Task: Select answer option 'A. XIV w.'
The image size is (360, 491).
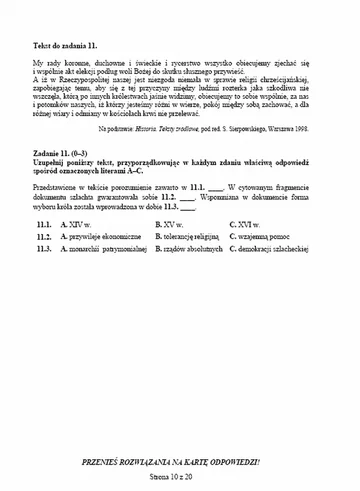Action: click(x=77, y=253)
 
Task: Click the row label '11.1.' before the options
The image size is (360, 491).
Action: click(x=42, y=253)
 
